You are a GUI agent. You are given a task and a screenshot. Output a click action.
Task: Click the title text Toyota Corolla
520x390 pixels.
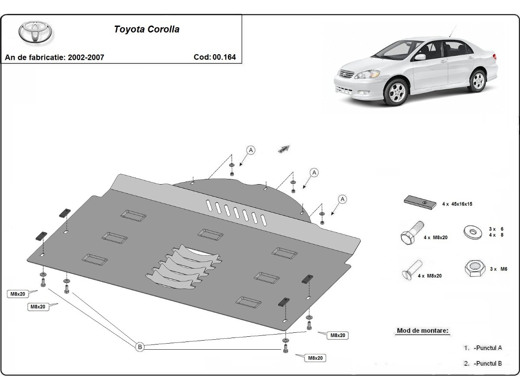pyautogui.click(x=146, y=29)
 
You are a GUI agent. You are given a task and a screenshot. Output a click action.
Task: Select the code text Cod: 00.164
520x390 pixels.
pyautogui.click(x=215, y=57)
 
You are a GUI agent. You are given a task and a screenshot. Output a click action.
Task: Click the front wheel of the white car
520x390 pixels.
pyautogui.click(x=397, y=91)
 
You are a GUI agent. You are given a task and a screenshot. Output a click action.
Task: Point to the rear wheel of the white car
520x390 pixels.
pyautogui.click(x=478, y=81)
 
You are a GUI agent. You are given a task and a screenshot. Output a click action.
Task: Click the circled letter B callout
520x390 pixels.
pyautogui.click(x=140, y=347)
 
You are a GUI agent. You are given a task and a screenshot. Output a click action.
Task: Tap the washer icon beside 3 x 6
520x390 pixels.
pyautogui.click(x=472, y=231)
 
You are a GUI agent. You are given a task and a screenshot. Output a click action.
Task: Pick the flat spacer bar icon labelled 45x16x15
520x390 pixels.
pyautogui.click(x=419, y=202)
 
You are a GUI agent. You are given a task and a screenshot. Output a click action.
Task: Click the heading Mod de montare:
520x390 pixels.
pyautogui.click(x=423, y=331)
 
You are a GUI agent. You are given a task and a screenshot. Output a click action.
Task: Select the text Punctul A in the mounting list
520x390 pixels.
pyautogui.click(x=488, y=348)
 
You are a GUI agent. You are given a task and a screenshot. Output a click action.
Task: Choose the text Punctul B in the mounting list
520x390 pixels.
pyautogui.click(x=488, y=364)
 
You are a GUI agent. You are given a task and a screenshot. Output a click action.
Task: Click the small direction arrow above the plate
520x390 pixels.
pyautogui.click(x=283, y=149)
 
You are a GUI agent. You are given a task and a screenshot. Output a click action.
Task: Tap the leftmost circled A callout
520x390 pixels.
pyautogui.click(x=251, y=150)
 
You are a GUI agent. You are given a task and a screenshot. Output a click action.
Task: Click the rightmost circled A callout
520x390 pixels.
pyautogui.click(x=343, y=199)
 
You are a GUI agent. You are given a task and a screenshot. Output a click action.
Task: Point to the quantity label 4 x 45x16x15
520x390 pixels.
pyautogui.click(x=457, y=204)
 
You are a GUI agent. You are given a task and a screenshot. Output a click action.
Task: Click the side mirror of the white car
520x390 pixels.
pyautogui.click(x=420, y=57)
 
